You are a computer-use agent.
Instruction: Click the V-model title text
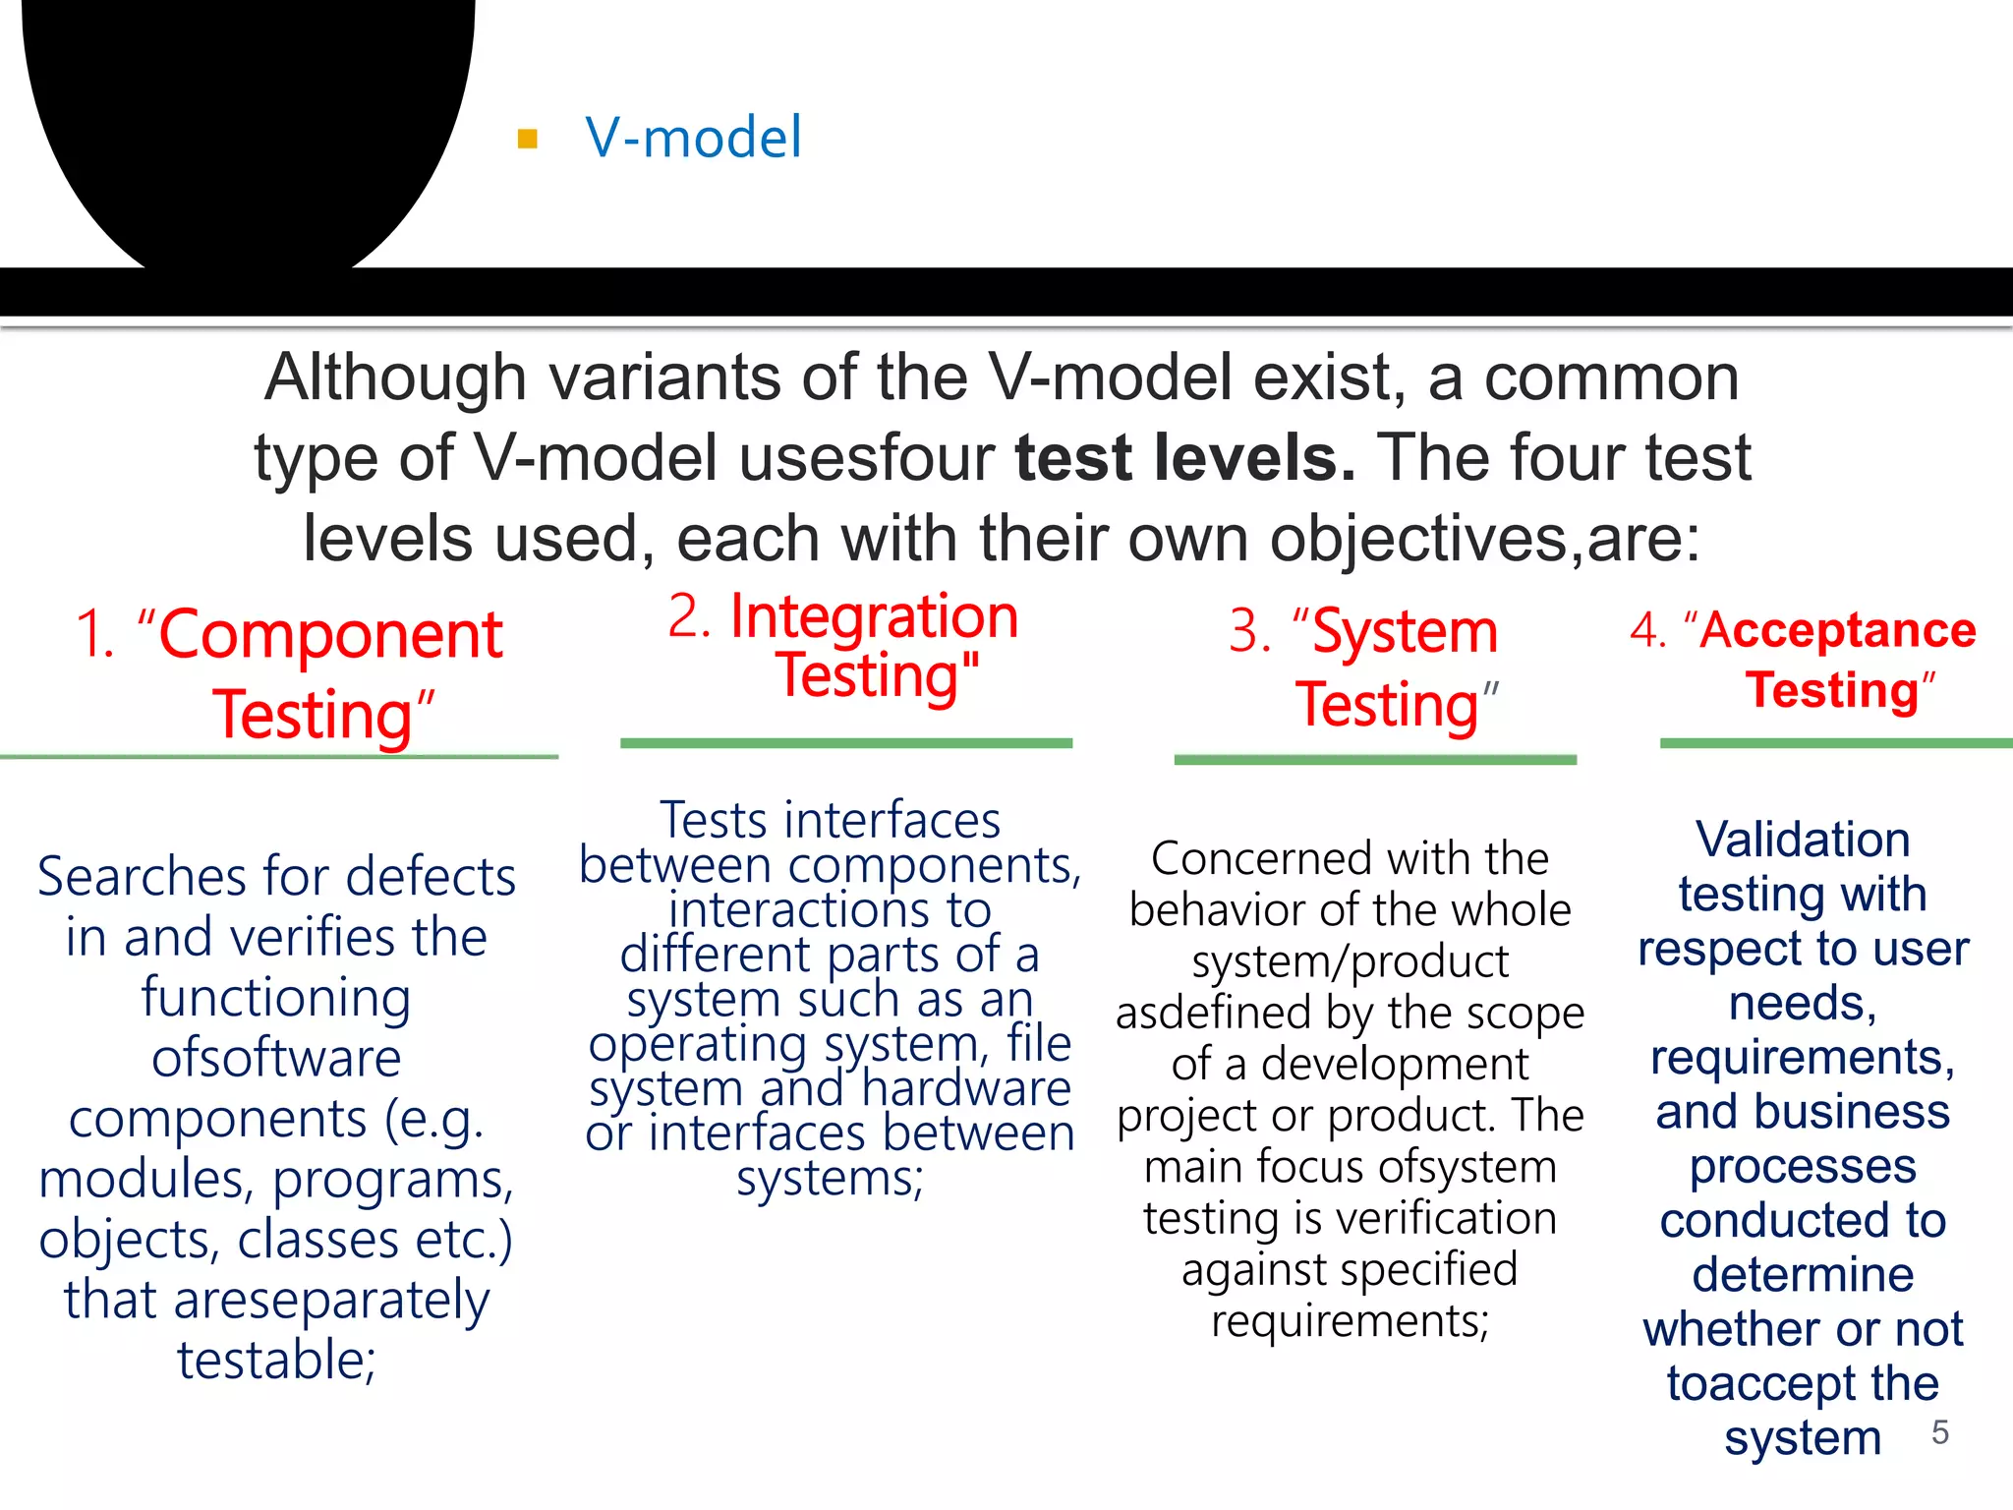click(693, 137)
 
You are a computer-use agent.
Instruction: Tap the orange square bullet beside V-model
click(528, 139)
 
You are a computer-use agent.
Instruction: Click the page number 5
click(1939, 1432)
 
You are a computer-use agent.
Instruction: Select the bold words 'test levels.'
click(1184, 458)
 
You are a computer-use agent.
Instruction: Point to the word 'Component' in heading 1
click(330, 635)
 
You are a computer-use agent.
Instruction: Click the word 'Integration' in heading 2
click(874, 617)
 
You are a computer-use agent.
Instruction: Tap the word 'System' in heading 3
click(1405, 631)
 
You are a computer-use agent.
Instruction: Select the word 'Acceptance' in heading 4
click(1837, 630)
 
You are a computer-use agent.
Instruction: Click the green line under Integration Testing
click(846, 743)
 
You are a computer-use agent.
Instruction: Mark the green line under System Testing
click(1375, 760)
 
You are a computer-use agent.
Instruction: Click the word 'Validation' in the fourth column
click(1803, 841)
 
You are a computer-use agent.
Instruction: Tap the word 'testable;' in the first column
click(276, 1361)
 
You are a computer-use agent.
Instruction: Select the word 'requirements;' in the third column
click(1350, 1320)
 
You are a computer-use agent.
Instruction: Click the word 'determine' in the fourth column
click(1803, 1275)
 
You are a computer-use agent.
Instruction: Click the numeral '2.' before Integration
click(689, 617)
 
